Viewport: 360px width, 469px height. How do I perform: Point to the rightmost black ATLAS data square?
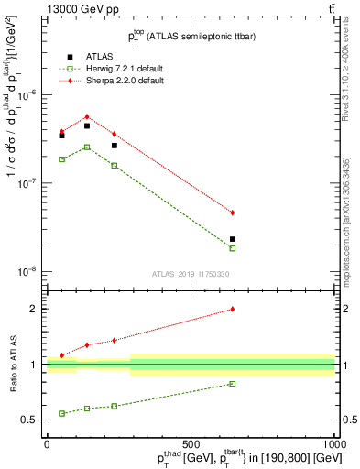click(x=233, y=239)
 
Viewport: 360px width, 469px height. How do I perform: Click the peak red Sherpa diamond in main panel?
click(x=87, y=116)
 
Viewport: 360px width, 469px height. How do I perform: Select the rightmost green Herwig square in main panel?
click(x=233, y=248)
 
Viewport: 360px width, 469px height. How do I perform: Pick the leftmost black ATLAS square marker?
click(x=61, y=135)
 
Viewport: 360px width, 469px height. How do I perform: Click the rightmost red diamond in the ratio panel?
click(x=233, y=309)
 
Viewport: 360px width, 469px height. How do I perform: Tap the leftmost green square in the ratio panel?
click(x=61, y=413)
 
